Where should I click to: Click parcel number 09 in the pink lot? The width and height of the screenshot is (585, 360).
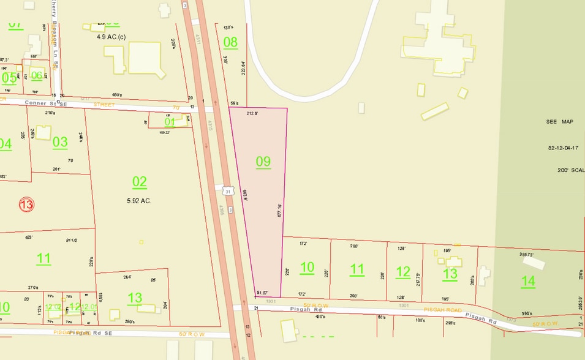point(263,162)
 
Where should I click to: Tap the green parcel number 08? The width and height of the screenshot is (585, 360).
point(230,42)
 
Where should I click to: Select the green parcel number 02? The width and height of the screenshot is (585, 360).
point(140,181)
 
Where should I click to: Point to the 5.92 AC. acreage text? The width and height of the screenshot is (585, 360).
point(138,200)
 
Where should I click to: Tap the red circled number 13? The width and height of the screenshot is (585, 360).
point(26,204)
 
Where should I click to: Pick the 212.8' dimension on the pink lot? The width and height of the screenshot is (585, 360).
point(252,114)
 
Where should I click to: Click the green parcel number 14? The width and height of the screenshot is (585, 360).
point(528,281)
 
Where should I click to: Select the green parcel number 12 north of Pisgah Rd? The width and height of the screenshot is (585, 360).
point(403,272)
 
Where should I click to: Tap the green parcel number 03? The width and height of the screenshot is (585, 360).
point(60,142)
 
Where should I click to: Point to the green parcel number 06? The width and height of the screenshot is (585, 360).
point(37,76)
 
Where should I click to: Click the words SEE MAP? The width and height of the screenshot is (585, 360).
point(559,122)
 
